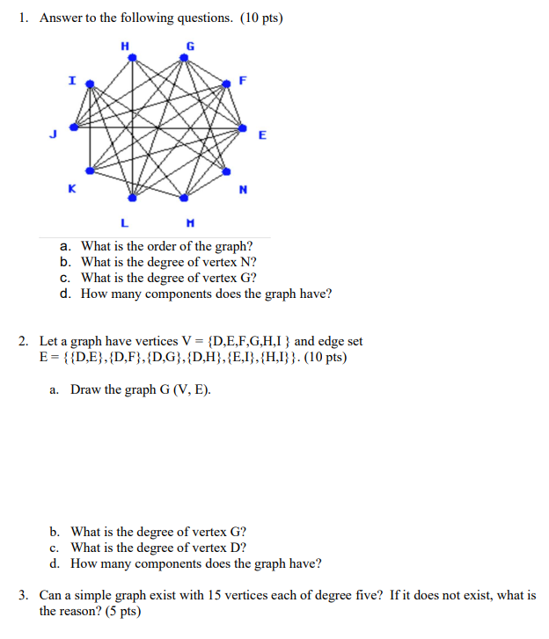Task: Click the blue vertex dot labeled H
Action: click(132, 57)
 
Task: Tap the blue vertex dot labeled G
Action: click(184, 57)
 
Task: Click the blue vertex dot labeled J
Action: click(73, 127)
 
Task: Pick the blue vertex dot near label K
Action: click(89, 171)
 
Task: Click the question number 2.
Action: click(24, 341)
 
